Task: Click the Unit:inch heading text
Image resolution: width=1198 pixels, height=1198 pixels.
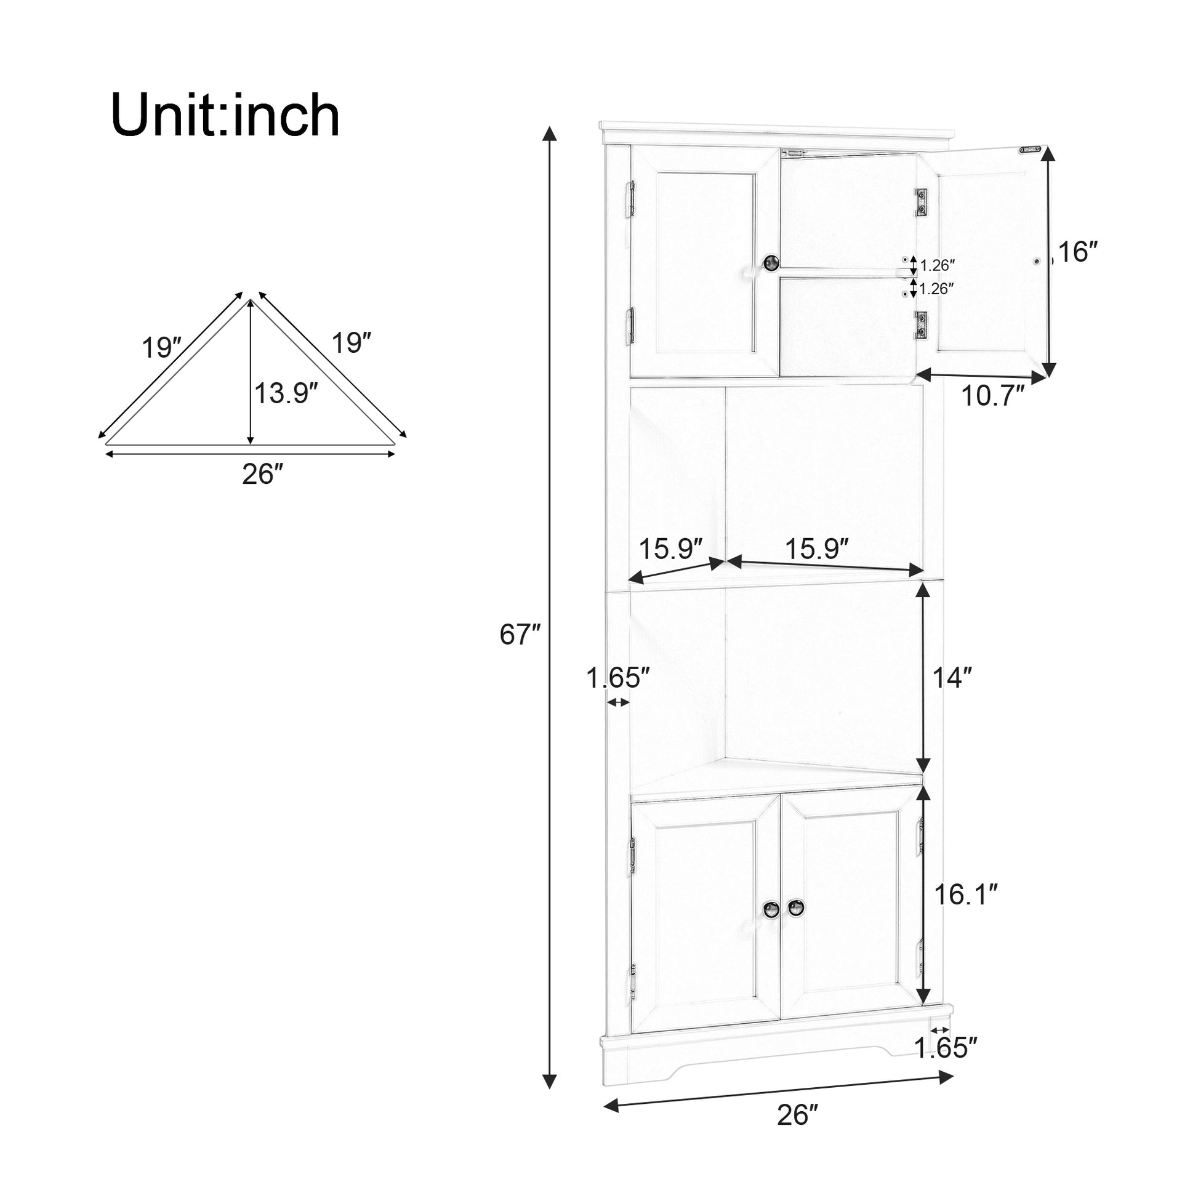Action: click(225, 115)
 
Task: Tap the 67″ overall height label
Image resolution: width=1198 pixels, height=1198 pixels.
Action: click(520, 634)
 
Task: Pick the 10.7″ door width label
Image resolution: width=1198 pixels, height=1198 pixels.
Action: click(993, 396)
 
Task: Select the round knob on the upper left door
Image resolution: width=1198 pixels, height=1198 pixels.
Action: click(771, 263)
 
